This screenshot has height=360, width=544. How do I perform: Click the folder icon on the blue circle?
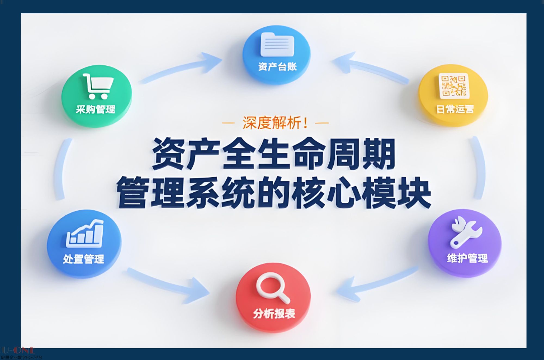point(277,44)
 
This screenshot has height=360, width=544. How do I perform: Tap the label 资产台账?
point(277,66)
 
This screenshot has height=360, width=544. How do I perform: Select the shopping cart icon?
point(98,86)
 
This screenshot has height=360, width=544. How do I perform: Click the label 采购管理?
point(95,109)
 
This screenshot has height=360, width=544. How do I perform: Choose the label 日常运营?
point(455,109)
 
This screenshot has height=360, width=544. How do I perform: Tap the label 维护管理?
point(467,258)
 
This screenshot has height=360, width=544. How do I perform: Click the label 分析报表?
point(274,313)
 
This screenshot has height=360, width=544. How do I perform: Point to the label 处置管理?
point(84,259)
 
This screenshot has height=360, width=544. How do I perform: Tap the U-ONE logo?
point(18,350)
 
